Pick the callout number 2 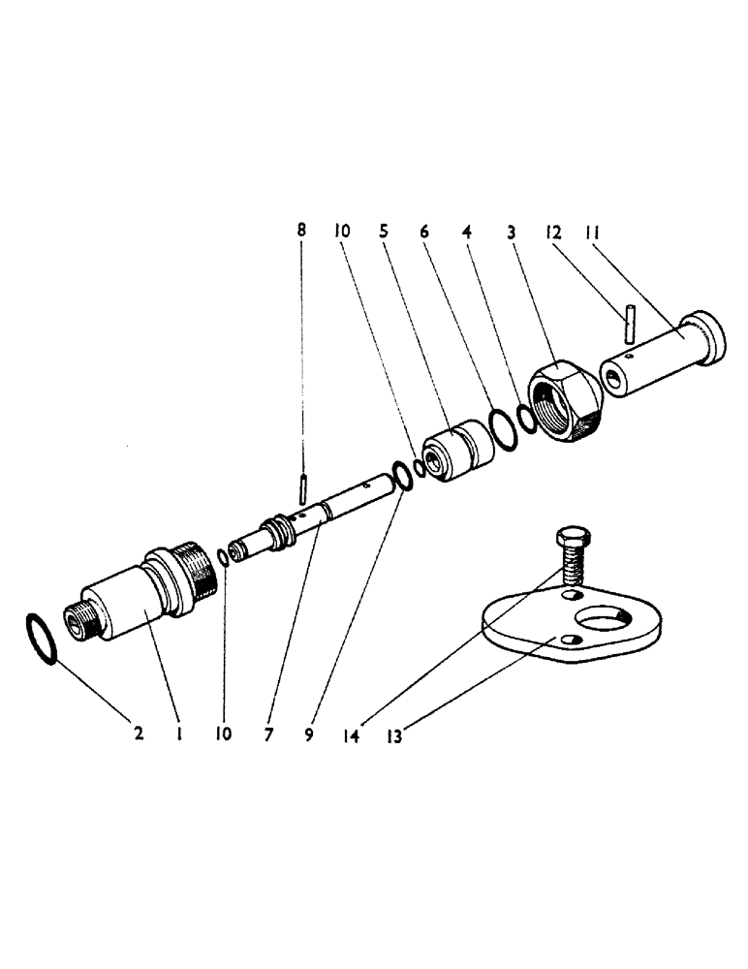[x=139, y=735]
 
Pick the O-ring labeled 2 [x=43, y=637]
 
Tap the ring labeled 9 [x=399, y=477]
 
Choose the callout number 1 [x=180, y=735]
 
